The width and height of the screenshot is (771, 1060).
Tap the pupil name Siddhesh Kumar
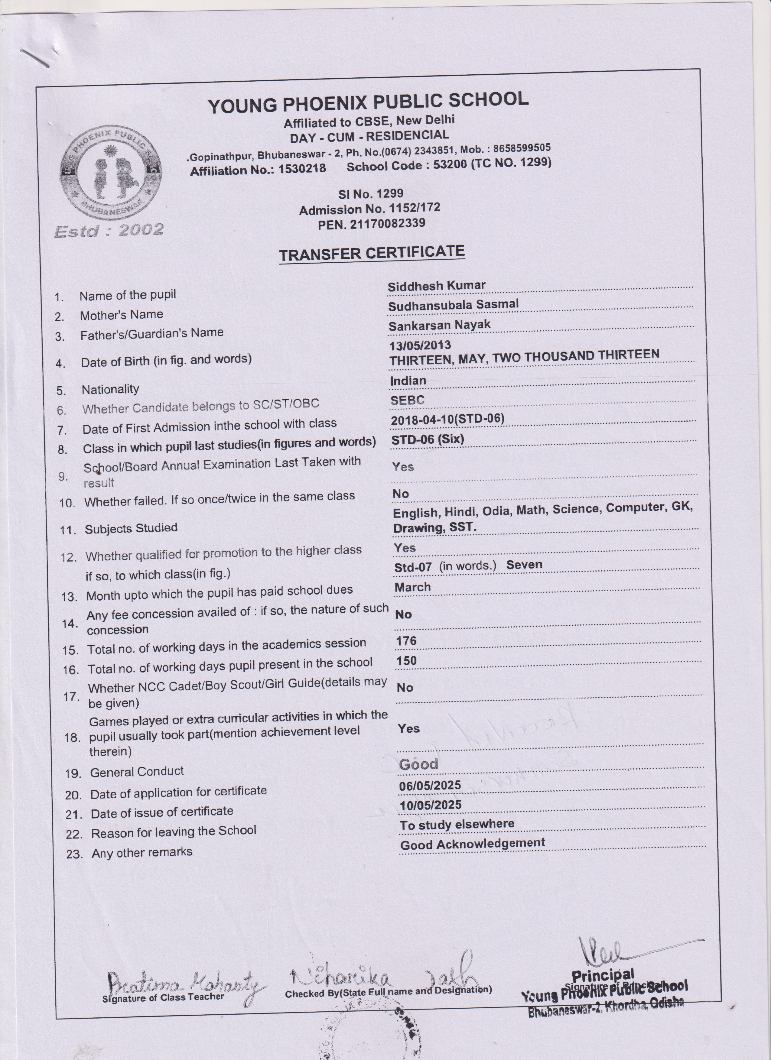(437, 286)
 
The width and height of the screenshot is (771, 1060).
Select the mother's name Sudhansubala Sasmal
(453, 305)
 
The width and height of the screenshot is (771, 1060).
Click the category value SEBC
(407, 400)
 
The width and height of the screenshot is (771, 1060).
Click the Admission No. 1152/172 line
(369, 209)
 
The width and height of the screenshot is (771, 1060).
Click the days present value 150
(406, 660)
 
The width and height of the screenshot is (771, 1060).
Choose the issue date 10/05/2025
(430, 805)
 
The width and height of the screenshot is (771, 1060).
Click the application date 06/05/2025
(430, 785)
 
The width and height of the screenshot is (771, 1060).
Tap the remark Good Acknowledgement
(472, 844)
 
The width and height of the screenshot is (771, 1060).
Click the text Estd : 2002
(109, 230)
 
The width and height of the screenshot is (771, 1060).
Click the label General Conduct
(137, 772)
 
